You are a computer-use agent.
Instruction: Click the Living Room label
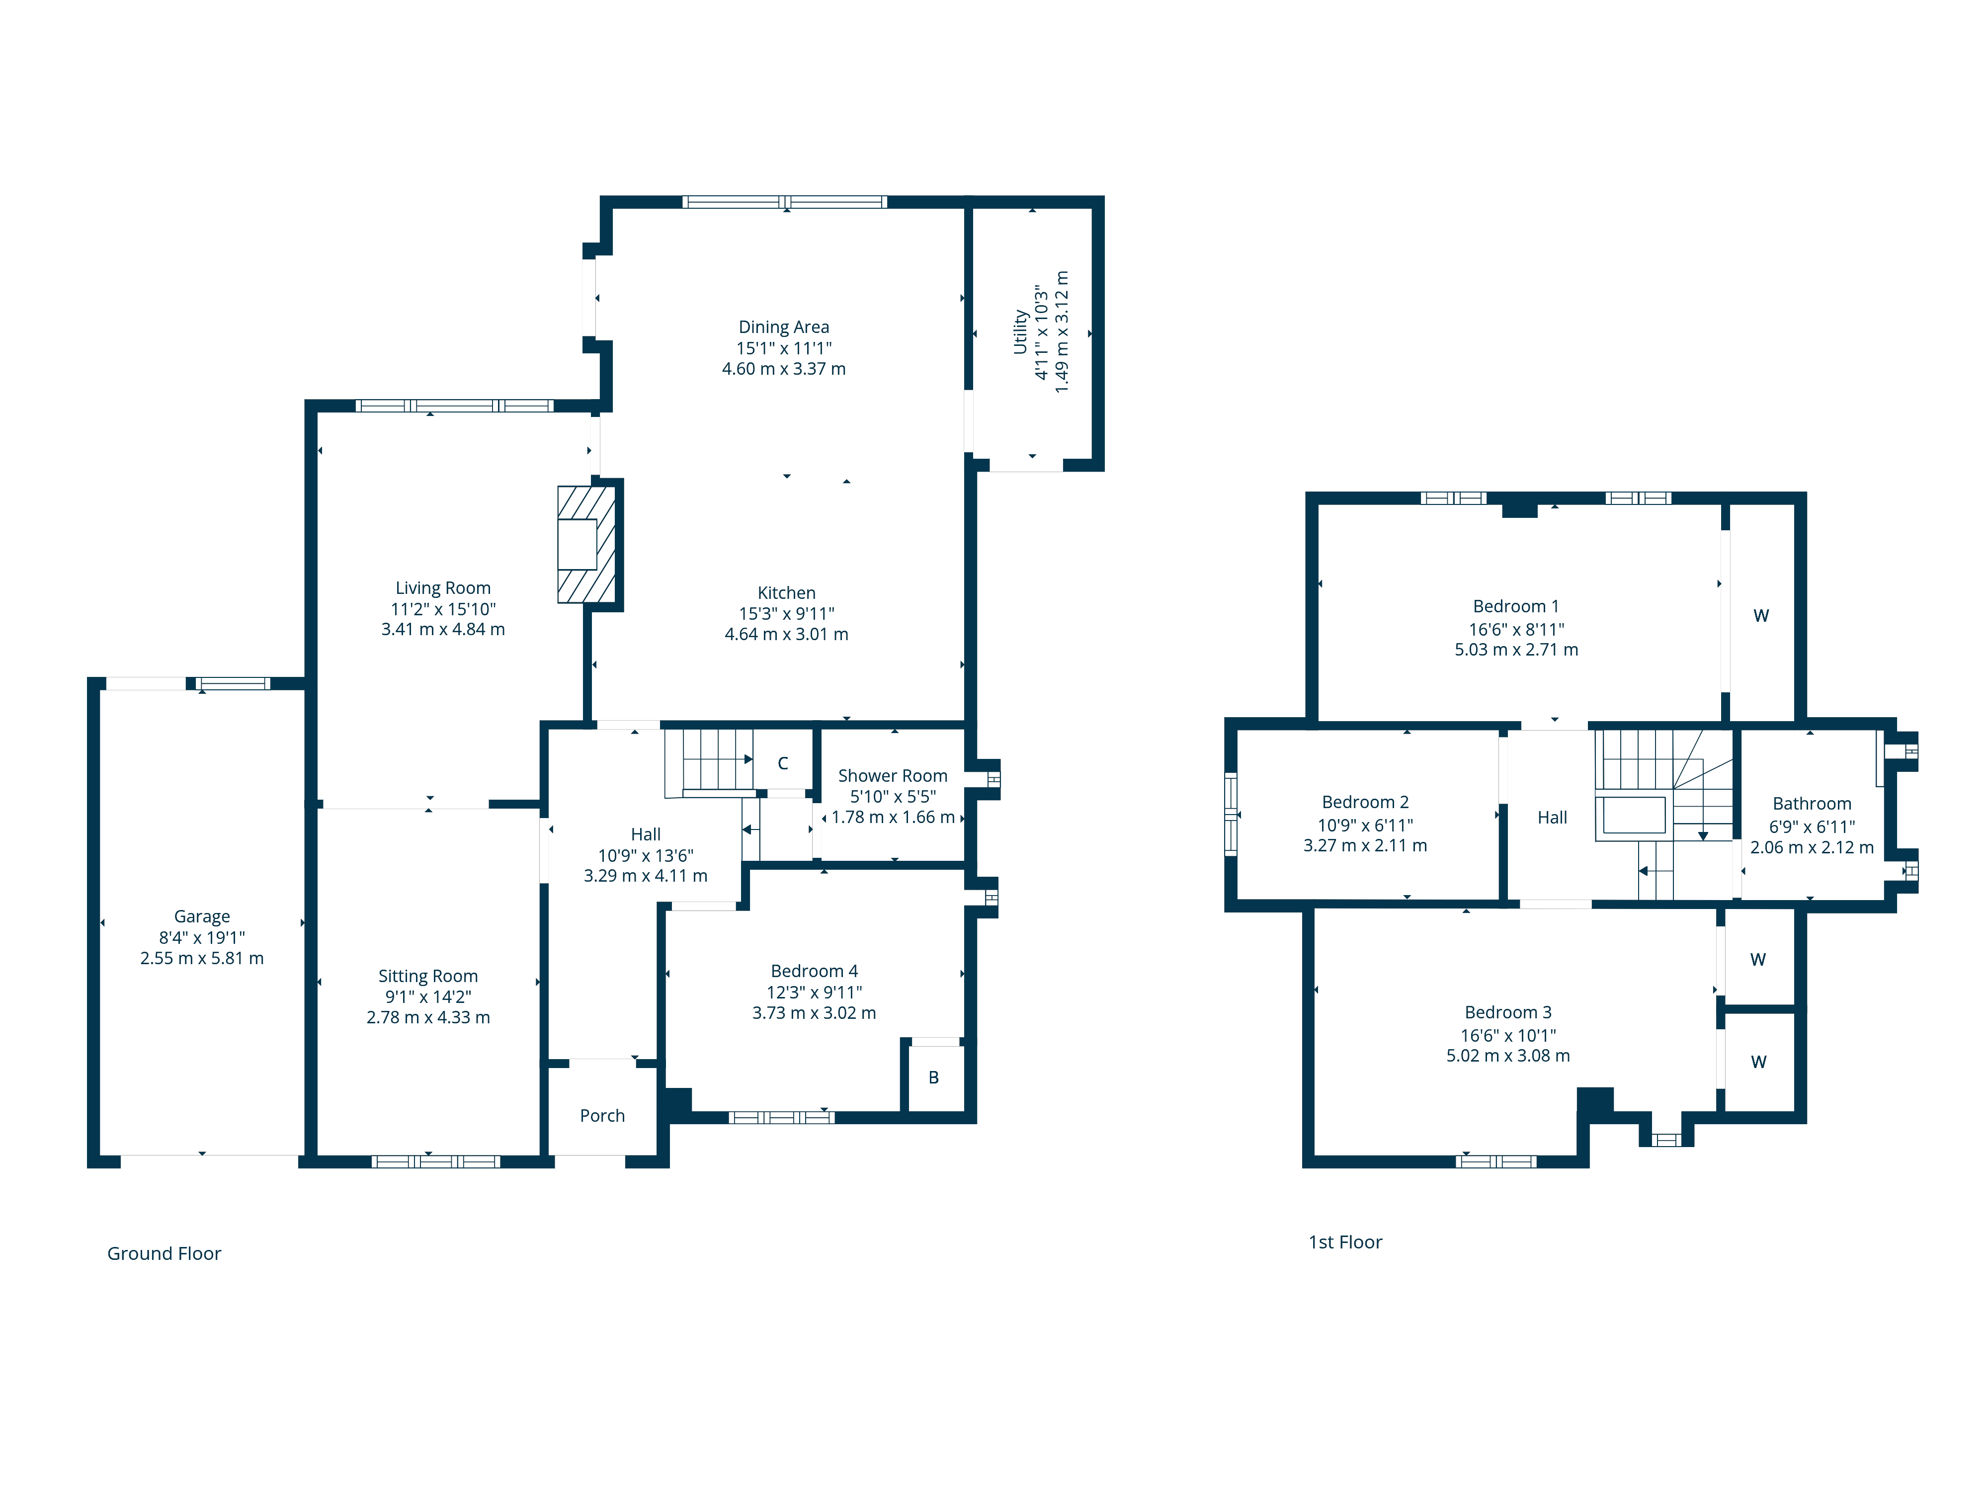click(x=443, y=588)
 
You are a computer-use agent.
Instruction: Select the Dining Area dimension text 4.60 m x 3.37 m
click(x=784, y=368)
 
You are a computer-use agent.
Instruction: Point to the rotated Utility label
click(x=1020, y=331)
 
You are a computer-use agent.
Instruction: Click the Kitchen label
click(x=786, y=592)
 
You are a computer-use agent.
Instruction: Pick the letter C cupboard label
click(x=783, y=763)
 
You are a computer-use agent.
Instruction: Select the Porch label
click(x=602, y=1115)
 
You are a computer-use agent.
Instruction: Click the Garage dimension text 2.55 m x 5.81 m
click(x=202, y=958)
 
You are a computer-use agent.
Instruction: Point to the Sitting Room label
click(x=428, y=976)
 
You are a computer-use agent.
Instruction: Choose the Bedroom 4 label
click(x=814, y=971)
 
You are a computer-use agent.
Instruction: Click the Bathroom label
click(x=1812, y=804)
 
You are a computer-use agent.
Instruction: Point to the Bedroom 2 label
click(x=1365, y=802)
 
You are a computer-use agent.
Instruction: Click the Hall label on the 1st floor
click(x=1552, y=817)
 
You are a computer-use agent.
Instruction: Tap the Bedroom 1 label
click(x=1516, y=606)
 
